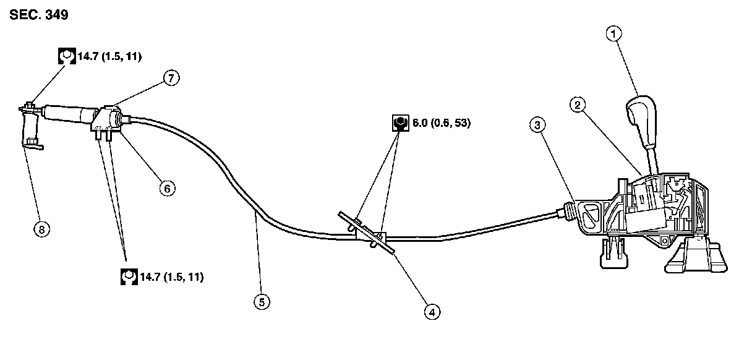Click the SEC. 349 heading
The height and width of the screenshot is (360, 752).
[38, 15]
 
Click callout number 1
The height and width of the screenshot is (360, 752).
[613, 35]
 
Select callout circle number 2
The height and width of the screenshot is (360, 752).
[577, 105]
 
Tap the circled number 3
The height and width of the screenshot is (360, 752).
[538, 125]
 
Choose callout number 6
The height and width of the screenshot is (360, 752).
[166, 188]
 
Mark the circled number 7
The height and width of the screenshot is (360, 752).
[171, 77]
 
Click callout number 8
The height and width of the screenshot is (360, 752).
[41, 229]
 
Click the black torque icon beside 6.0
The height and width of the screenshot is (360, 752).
[400, 122]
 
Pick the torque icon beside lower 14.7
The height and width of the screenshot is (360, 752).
[128, 276]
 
